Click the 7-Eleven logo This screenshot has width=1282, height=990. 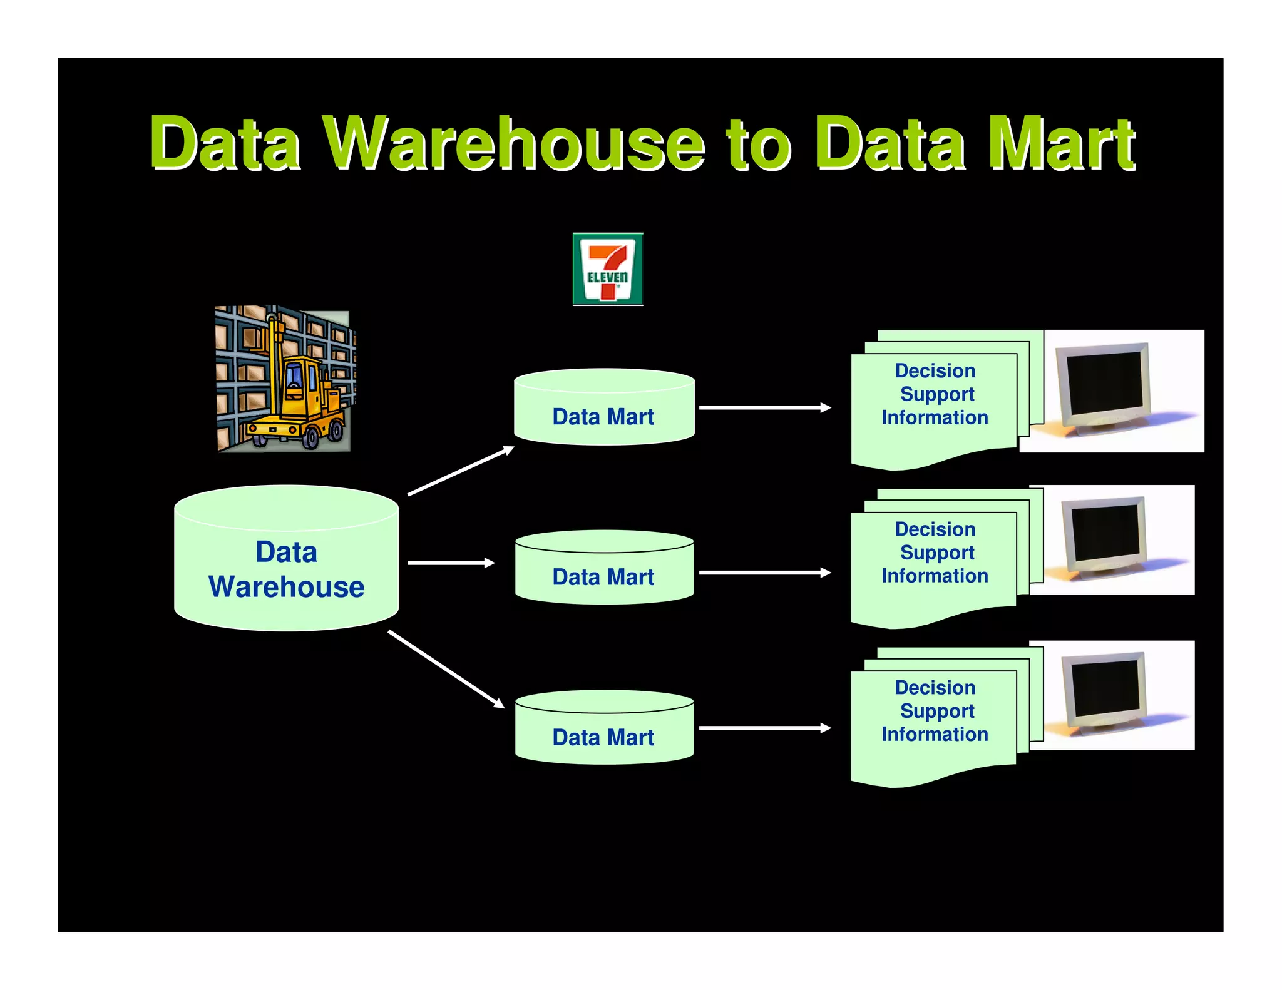(x=607, y=269)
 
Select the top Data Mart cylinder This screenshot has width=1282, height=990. (x=603, y=410)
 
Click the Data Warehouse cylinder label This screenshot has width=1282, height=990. (x=286, y=569)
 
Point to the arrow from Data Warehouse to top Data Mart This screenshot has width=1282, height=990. (x=461, y=471)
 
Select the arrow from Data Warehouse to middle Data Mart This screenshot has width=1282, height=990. (x=451, y=563)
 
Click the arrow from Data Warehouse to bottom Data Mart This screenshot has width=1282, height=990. (x=446, y=669)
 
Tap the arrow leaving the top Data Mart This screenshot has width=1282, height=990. (x=764, y=407)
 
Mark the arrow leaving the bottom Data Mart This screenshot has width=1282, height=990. (x=764, y=728)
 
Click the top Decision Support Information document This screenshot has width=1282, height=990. (x=934, y=407)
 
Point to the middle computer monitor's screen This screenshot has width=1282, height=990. (x=1105, y=534)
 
